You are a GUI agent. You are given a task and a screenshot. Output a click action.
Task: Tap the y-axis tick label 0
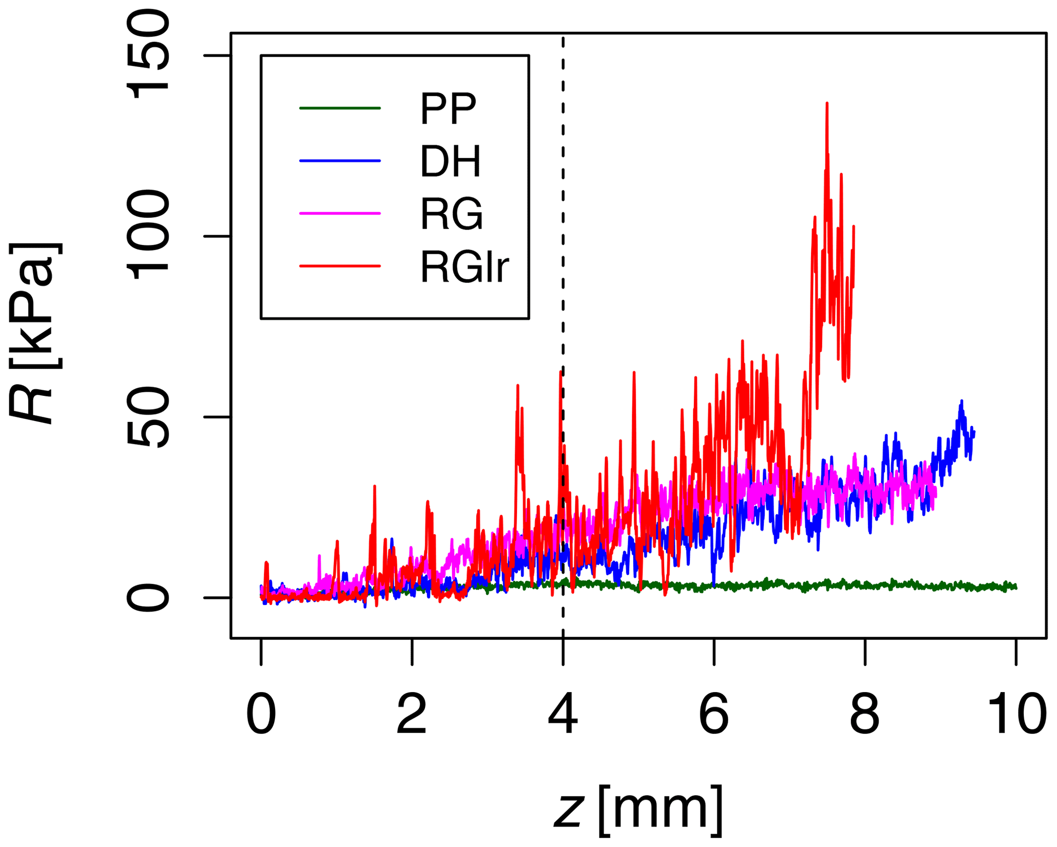pyautogui.click(x=148, y=597)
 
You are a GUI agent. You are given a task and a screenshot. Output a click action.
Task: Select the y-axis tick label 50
pyautogui.click(x=148, y=417)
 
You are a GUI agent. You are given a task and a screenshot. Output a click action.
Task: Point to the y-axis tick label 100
pyautogui.click(x=148, y=235)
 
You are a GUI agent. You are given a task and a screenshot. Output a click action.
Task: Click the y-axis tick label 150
pyautogui.click(x=148, y=55)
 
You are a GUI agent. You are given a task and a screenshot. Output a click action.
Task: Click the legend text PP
pyautogui.click(x=448, y=109)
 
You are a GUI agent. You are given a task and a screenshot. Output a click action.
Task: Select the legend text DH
pyautogui.click(x=451, y=162)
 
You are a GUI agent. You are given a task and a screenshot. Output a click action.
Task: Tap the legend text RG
pyautogui.click(x=452, y=214)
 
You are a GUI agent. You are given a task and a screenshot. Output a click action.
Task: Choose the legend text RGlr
pyautogui.click(x=464, y=267)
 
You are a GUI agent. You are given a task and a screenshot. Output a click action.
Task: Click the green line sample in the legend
pyautogui.click(x=340, y=108)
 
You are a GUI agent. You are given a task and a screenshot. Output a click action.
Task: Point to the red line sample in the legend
pyautogui.click(x=340, y=266)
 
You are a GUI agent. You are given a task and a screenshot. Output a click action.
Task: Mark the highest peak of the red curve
pyautogui.click(x=827, y=104)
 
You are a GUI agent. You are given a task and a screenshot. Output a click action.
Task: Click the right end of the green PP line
pyautogui.click(x=1016, y=587)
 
